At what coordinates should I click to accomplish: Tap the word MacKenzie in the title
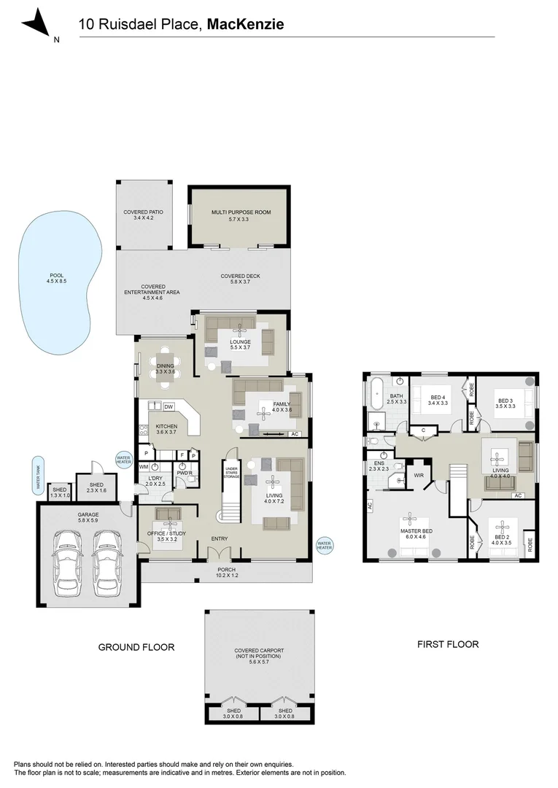pos(245,25)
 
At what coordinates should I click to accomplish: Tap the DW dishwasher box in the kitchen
pos(168,406)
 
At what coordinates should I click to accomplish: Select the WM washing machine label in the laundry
pos(144,466)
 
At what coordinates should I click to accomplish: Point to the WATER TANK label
pos(34,475)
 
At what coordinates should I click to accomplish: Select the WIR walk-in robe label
pos(419,475)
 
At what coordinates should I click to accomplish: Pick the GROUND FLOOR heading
pos(136,646)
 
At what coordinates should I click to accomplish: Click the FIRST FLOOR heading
pos(448,644)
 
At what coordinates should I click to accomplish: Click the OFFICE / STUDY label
pos(168,536)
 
